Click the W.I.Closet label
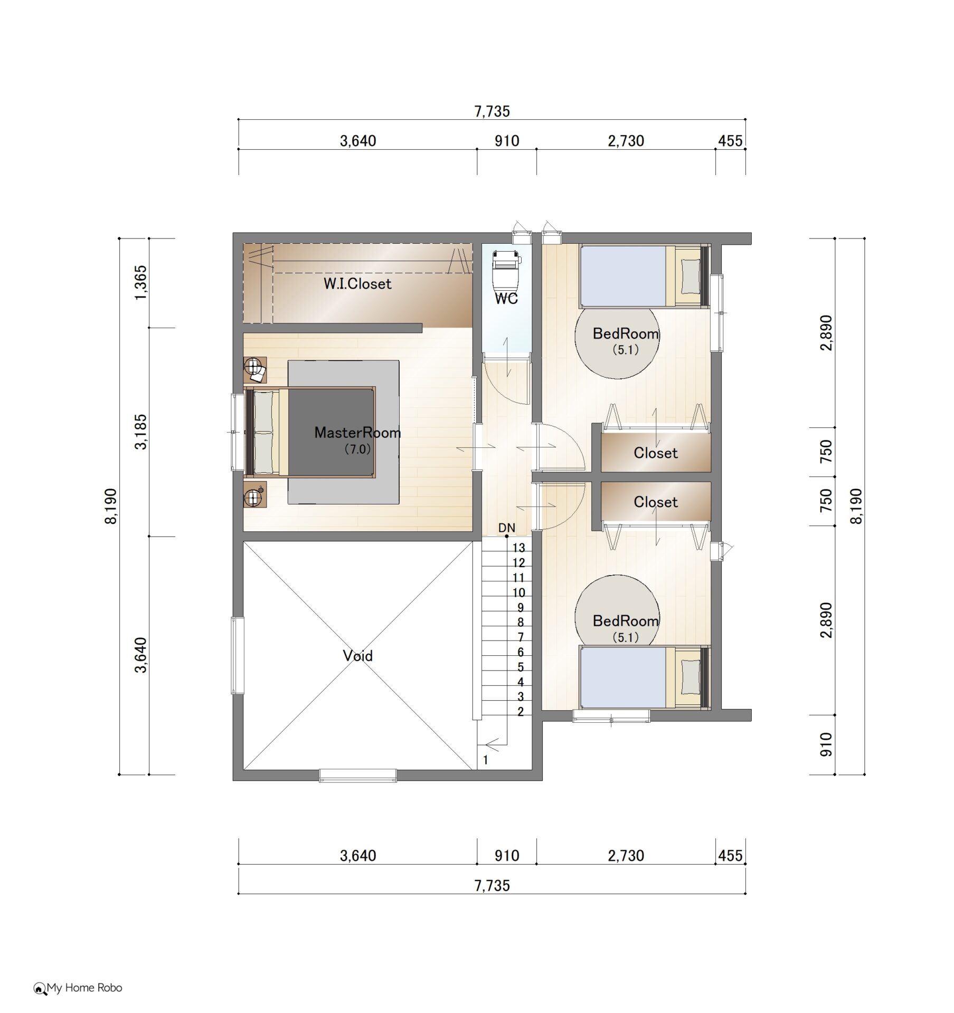pyautogui.click(x=357, y=284)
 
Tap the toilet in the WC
pyautogui.click(x=506, y=271)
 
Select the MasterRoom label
pyautogui.click(x=357, y=433)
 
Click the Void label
pyautogui.click(x=357, y=656)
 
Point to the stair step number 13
pyautogui.click(x=518, y=548)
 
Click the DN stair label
pyautogui.click(x=507, y=528)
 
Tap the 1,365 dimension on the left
pyautogui.click(x=141, y=283)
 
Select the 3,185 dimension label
pyautogui.click(x=141, y=432)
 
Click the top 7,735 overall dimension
pyautogui.click(x=492, y=111)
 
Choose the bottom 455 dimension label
pyautogui.click(x=730, y=855)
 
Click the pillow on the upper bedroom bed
pyautogui.click(x=689, y=276)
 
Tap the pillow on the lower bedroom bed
pyautogui.click(x=689, y=677)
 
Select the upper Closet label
pyautogui.click(x=656, y=453)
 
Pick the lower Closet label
pyautogui.click(x=656, y=502)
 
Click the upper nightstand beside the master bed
pyautogui.click(x=255, y=370)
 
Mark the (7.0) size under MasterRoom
pyautogui.click(x=357, y=449)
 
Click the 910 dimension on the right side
pyautogui.click(x=827, y=744)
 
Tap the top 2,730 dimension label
pyautogui.click(x=626, y=141)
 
